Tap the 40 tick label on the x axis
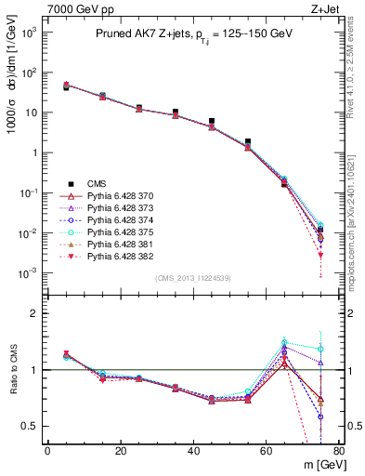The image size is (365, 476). click(193, 451)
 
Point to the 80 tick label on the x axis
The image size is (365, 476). click(339, 451)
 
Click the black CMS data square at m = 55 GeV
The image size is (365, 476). click(248, 142)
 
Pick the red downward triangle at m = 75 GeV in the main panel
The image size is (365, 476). click(320, 255)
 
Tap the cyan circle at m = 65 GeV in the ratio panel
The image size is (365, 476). click(284, 342)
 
